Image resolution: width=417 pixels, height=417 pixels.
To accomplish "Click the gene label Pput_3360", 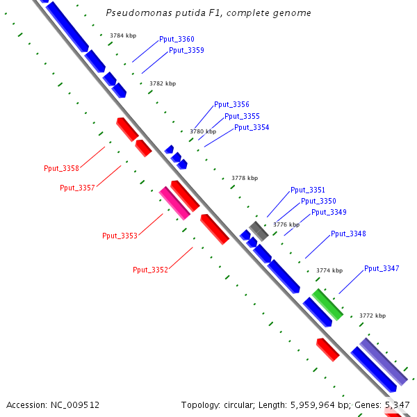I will tap(177, 40).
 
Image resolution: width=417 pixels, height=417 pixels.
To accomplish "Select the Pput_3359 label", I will tap(186, 50).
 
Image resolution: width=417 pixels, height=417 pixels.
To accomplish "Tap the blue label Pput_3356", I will tap(231, 104).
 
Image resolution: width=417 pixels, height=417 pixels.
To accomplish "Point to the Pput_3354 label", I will tap(252, 127).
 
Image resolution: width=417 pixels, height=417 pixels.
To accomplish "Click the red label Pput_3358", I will tap(61, 168).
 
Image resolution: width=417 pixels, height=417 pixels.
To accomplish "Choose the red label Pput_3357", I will tap(77, 188).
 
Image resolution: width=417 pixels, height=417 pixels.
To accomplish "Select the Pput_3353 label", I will tap(120, 236).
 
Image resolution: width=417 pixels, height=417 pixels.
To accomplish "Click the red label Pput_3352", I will tap(150, 270).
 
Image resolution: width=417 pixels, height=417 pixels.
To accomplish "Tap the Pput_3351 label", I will tap(308, 190).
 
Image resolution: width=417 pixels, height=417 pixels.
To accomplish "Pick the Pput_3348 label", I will tap(348, 234).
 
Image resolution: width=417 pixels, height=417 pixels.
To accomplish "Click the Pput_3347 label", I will tap(382, 268).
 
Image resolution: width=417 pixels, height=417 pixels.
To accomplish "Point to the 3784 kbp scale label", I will tap(123, 35).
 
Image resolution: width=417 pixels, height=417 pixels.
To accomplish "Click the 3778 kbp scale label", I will tap(245, 179).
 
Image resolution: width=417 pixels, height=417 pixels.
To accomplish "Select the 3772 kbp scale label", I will tap(373, 316).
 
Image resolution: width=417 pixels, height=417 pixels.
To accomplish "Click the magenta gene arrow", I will tap(174, 202).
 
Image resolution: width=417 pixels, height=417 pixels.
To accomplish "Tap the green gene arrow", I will tap(327, 304).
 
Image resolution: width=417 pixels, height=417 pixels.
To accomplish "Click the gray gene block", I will tap(259, 231).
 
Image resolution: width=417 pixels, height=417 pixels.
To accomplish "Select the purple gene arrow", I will tap(383, 361).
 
